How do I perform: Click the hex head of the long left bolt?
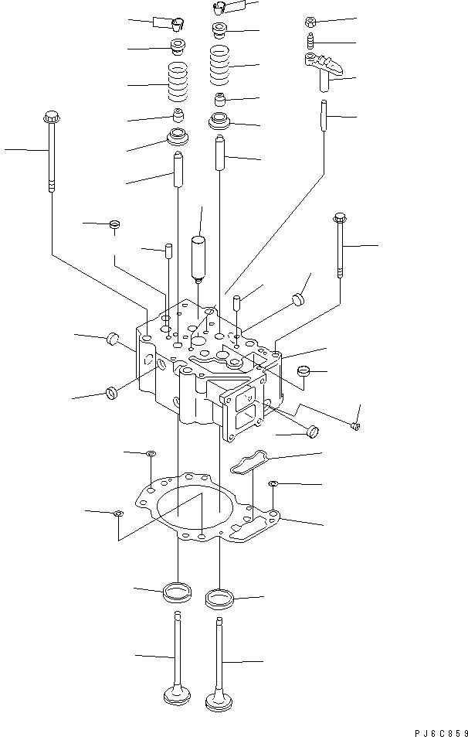(x=53, y=118)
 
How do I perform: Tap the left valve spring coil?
(x=178, y=84)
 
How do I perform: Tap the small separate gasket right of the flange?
(x=249, y=462)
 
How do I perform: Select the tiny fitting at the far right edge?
(x=354, y=424)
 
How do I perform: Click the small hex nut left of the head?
(x=114, y=224)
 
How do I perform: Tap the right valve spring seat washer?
(x=221, y=121)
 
